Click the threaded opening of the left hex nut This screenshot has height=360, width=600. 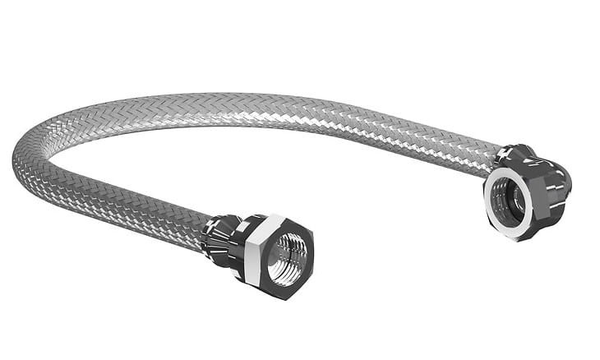click(288, 257)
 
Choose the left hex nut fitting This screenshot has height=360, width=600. click(275, 255)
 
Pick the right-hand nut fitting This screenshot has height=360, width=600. click(526, 193)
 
